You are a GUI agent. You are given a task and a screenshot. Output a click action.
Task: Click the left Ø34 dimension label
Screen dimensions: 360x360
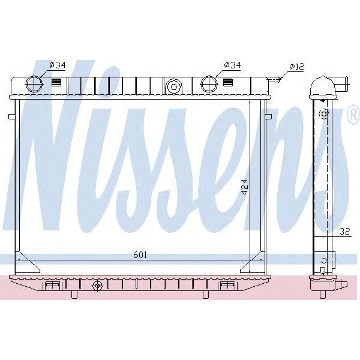pyautogui.click(x=58, y=65)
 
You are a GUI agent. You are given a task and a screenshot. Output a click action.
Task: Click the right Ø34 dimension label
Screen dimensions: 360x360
pyautogui.click(x=232, y=65)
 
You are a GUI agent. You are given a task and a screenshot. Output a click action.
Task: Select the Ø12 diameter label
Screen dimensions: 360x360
pyautogui.click(x=298, y=66)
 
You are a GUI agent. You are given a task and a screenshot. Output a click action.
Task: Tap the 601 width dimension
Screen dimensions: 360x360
pyautogui.click(x=139, y=254)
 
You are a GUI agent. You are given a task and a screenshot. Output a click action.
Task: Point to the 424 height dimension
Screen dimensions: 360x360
pyautogui.click(x=244, y=189)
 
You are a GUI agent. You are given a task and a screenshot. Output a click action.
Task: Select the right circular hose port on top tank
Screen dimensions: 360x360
pyautogui.click(x=208, y=83)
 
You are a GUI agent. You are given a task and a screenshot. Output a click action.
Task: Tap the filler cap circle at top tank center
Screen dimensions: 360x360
pyautogui.click(x=174, y=86)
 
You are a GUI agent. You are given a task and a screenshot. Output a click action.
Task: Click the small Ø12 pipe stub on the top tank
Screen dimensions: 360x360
pyautogui.click(x=273, y=78)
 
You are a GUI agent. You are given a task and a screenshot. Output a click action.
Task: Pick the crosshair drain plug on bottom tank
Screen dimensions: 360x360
pyautogui.click(x=97, y=286)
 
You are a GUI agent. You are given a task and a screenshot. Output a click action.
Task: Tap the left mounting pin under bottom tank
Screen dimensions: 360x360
pyautogui.click(x=74, y=295)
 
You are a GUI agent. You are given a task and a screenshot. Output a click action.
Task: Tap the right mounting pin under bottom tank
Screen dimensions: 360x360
pyautogui.click(x=207, y=295)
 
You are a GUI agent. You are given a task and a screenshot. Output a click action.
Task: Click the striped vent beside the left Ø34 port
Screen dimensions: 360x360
pyautogui.click(x=57, y=83)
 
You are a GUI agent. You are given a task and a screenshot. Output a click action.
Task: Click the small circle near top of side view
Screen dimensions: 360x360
pyautogui.click(x=325, y=113)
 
